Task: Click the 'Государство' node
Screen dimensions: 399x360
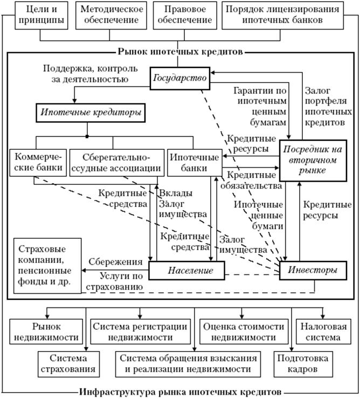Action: point(180,78)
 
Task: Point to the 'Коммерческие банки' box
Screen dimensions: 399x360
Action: point(36,162)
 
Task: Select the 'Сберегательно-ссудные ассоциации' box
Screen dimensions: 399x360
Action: point(116,162)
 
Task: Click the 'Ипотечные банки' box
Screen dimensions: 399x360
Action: point(195,162)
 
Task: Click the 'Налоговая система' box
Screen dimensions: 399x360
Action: point(321,332)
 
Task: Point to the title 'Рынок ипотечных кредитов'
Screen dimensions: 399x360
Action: point(180,52)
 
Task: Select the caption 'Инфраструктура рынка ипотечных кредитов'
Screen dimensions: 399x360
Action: point(180,391)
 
